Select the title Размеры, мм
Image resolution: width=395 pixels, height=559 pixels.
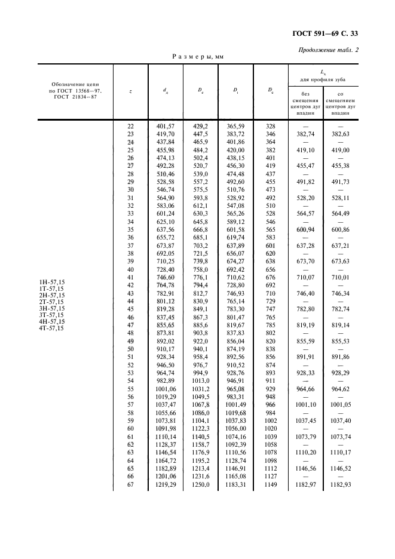198,56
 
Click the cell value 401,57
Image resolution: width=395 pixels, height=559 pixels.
165,126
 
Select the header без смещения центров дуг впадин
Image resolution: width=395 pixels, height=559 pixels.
305,102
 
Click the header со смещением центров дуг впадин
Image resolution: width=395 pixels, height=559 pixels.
339,102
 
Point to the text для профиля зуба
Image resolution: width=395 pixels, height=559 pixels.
323,79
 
